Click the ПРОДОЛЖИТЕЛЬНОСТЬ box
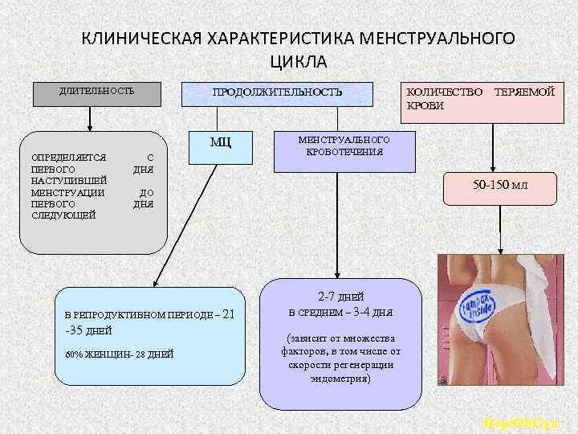coord(277,93)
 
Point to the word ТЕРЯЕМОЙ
coord(525,92)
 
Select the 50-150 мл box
coord(500,185)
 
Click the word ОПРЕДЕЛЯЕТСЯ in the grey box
coord(63,158)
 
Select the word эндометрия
coord(340,376)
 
